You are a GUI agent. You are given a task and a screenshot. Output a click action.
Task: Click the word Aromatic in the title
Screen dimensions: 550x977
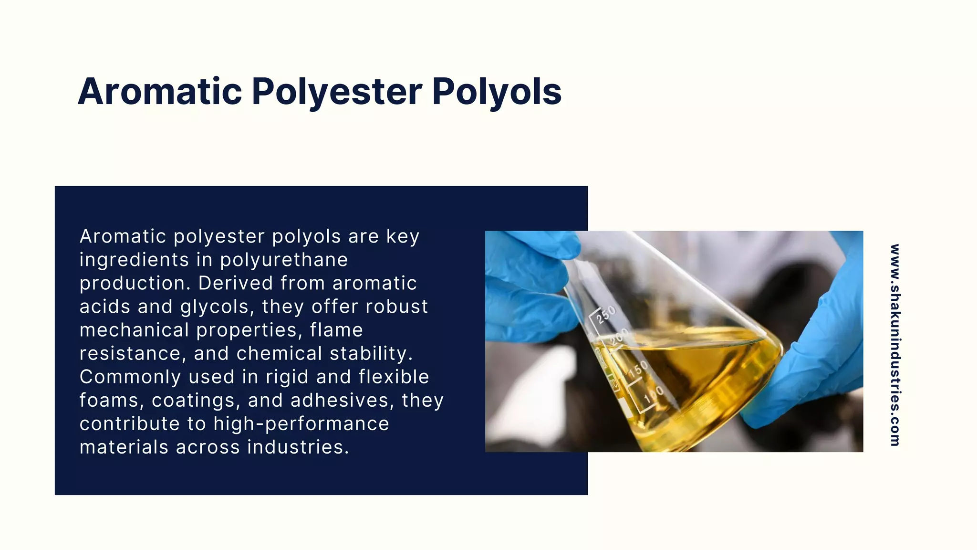160,91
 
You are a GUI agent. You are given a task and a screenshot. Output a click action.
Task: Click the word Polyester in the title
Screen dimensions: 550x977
337,91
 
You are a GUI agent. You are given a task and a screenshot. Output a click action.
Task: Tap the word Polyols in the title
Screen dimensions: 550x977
497,91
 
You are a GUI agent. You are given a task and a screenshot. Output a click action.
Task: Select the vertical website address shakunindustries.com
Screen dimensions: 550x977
895,345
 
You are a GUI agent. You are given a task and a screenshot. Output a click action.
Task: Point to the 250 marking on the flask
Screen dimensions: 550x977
606,315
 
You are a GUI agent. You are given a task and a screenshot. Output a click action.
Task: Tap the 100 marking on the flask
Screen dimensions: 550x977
654,394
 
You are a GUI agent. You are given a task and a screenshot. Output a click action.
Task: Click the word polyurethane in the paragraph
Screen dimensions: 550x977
284,260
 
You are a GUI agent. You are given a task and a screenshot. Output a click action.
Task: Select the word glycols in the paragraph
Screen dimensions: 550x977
217,307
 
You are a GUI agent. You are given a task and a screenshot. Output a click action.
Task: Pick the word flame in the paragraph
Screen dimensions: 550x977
336,330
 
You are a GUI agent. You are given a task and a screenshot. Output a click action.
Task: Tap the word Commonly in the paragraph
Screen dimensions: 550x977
130,377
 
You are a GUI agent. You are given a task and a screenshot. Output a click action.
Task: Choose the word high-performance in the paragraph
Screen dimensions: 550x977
301,424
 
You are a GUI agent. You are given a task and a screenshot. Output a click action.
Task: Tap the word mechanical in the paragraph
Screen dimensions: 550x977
134,330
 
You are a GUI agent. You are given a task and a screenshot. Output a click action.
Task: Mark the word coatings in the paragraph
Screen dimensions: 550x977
196,401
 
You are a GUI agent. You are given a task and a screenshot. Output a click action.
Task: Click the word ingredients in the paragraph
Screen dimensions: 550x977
134,260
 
